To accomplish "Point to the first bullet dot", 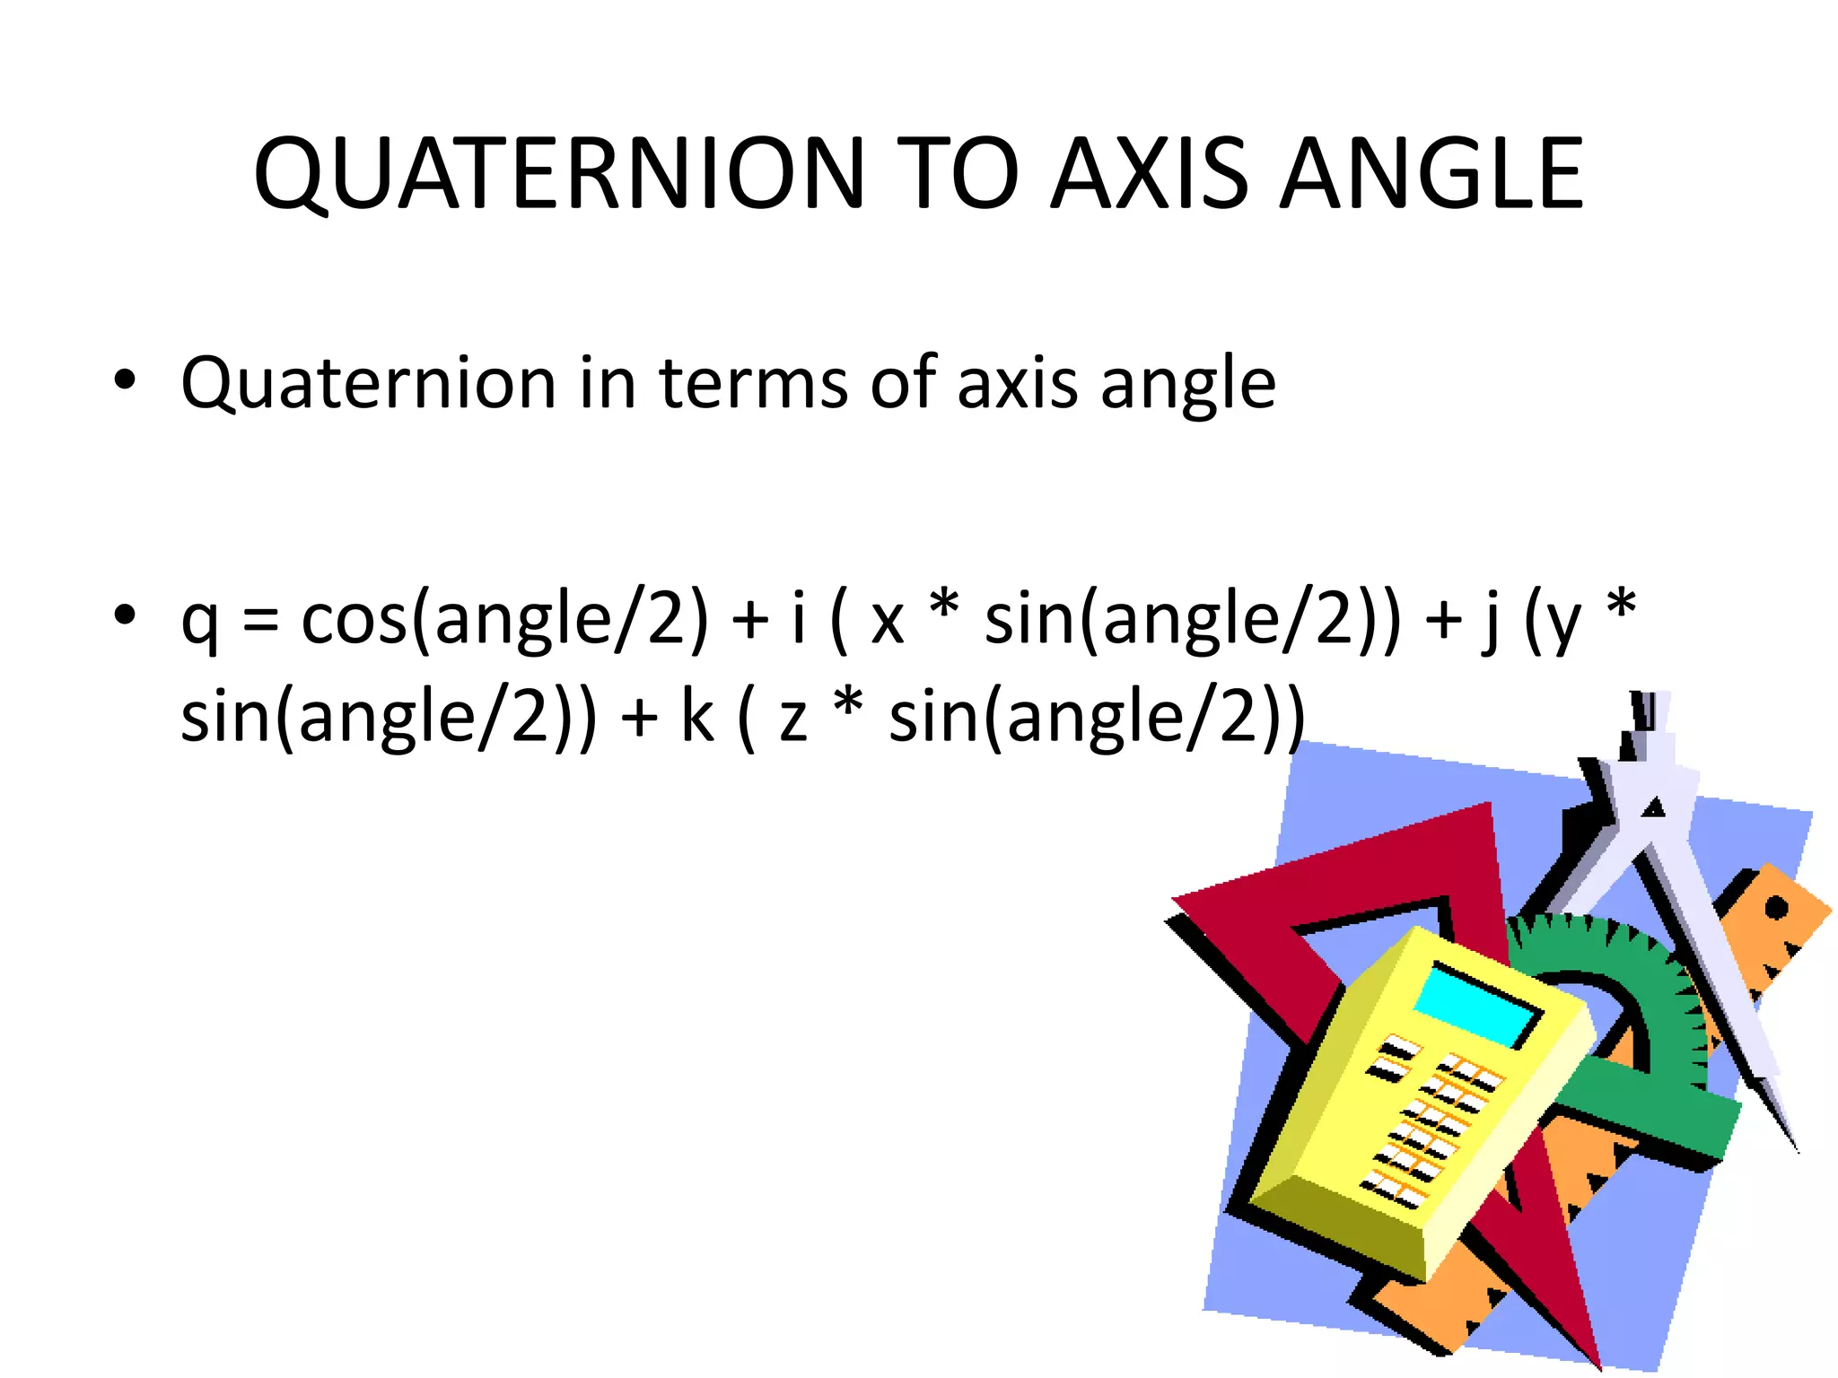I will (125, 380).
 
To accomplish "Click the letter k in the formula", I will (697, 718).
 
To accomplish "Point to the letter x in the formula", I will (887, 624).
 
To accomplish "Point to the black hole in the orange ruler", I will (1776, 909).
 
